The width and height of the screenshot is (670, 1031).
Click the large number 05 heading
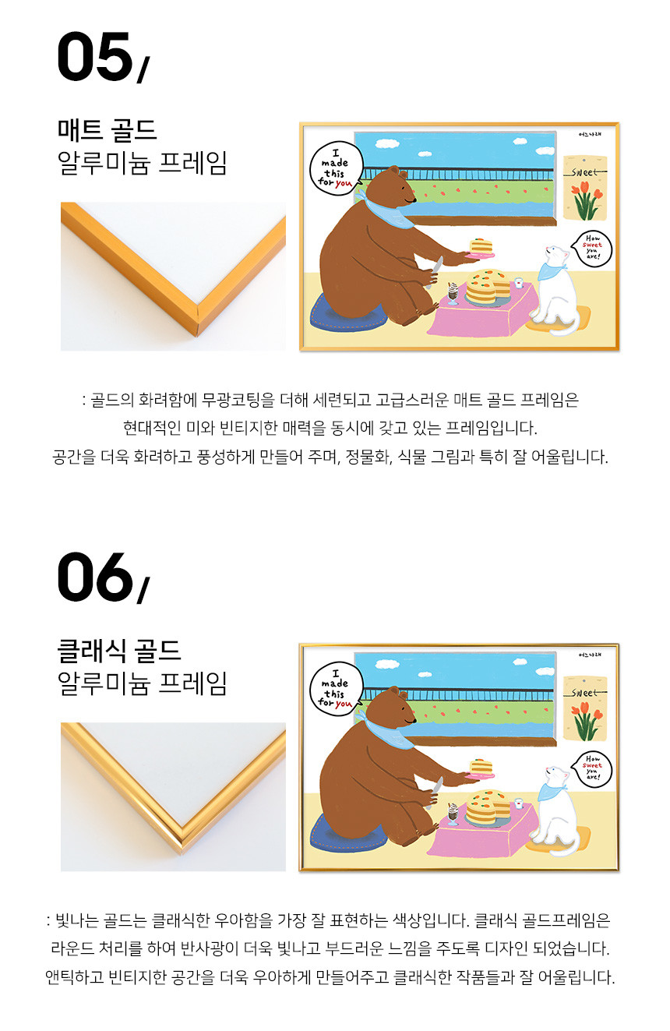[103, 57]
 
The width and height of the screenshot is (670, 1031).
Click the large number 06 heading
[103, 577]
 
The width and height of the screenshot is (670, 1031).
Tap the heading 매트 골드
[107, 129]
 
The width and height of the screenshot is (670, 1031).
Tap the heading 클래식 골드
[118, 650]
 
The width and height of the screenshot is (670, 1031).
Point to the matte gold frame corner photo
[173, 276]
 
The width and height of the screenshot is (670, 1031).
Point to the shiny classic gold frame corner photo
[173, 796]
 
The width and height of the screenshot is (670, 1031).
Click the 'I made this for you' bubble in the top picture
[336, 169]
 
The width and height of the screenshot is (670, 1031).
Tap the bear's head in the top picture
[395, 187]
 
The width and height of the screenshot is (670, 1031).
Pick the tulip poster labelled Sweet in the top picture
[585, 189]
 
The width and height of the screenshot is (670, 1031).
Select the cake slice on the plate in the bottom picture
[481, 766]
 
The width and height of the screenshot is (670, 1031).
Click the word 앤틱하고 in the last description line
[74, 977]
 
